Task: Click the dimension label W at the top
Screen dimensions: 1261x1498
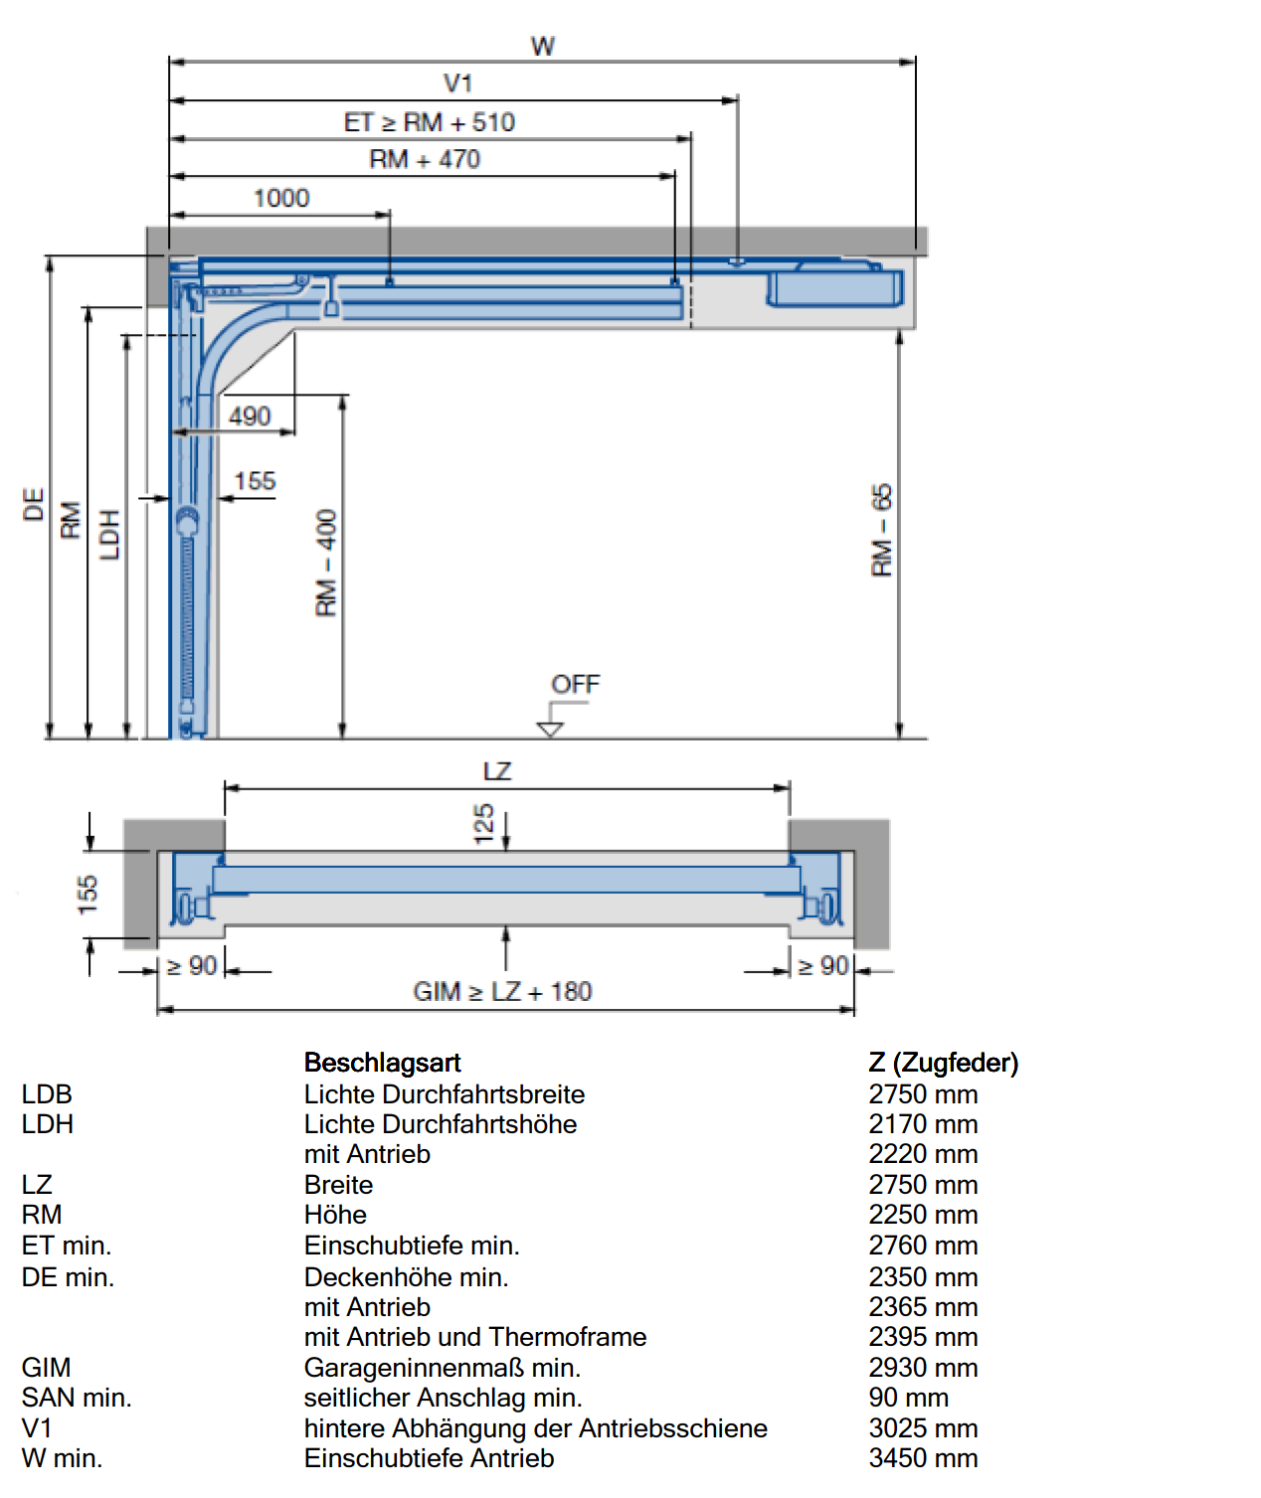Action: [543, 46]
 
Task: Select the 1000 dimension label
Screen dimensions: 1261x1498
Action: [281, 198]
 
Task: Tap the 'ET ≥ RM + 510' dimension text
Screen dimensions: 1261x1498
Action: [430, 122]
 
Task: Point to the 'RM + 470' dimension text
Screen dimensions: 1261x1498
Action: [425, 159]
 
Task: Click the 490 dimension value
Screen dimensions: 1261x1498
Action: [250, 416]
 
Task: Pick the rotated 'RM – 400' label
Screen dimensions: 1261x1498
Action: [326, 563]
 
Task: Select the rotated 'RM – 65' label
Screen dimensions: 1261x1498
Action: [881, 530]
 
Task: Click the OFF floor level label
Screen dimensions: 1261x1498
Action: [575, 684]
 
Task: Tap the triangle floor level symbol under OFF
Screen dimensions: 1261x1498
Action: [550, 730]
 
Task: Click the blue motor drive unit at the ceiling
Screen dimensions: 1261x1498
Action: [834, 287]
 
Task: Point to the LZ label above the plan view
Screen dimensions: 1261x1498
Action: [496, 771]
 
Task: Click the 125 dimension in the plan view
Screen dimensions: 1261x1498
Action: [484, 824]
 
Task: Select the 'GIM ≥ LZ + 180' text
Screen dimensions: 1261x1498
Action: [502, 991]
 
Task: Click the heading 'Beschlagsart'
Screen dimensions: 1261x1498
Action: [382, 1063]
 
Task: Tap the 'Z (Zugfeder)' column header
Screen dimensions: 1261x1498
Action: [943, 1063]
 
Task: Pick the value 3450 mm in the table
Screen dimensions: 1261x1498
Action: [923, 1458]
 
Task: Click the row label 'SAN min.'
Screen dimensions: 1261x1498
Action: [77, 1398]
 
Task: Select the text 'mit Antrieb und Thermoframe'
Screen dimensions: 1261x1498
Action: [475, 1337]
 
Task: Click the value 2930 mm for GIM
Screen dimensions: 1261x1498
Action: [923, 1368]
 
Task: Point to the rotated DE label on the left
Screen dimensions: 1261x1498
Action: [34, 504]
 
